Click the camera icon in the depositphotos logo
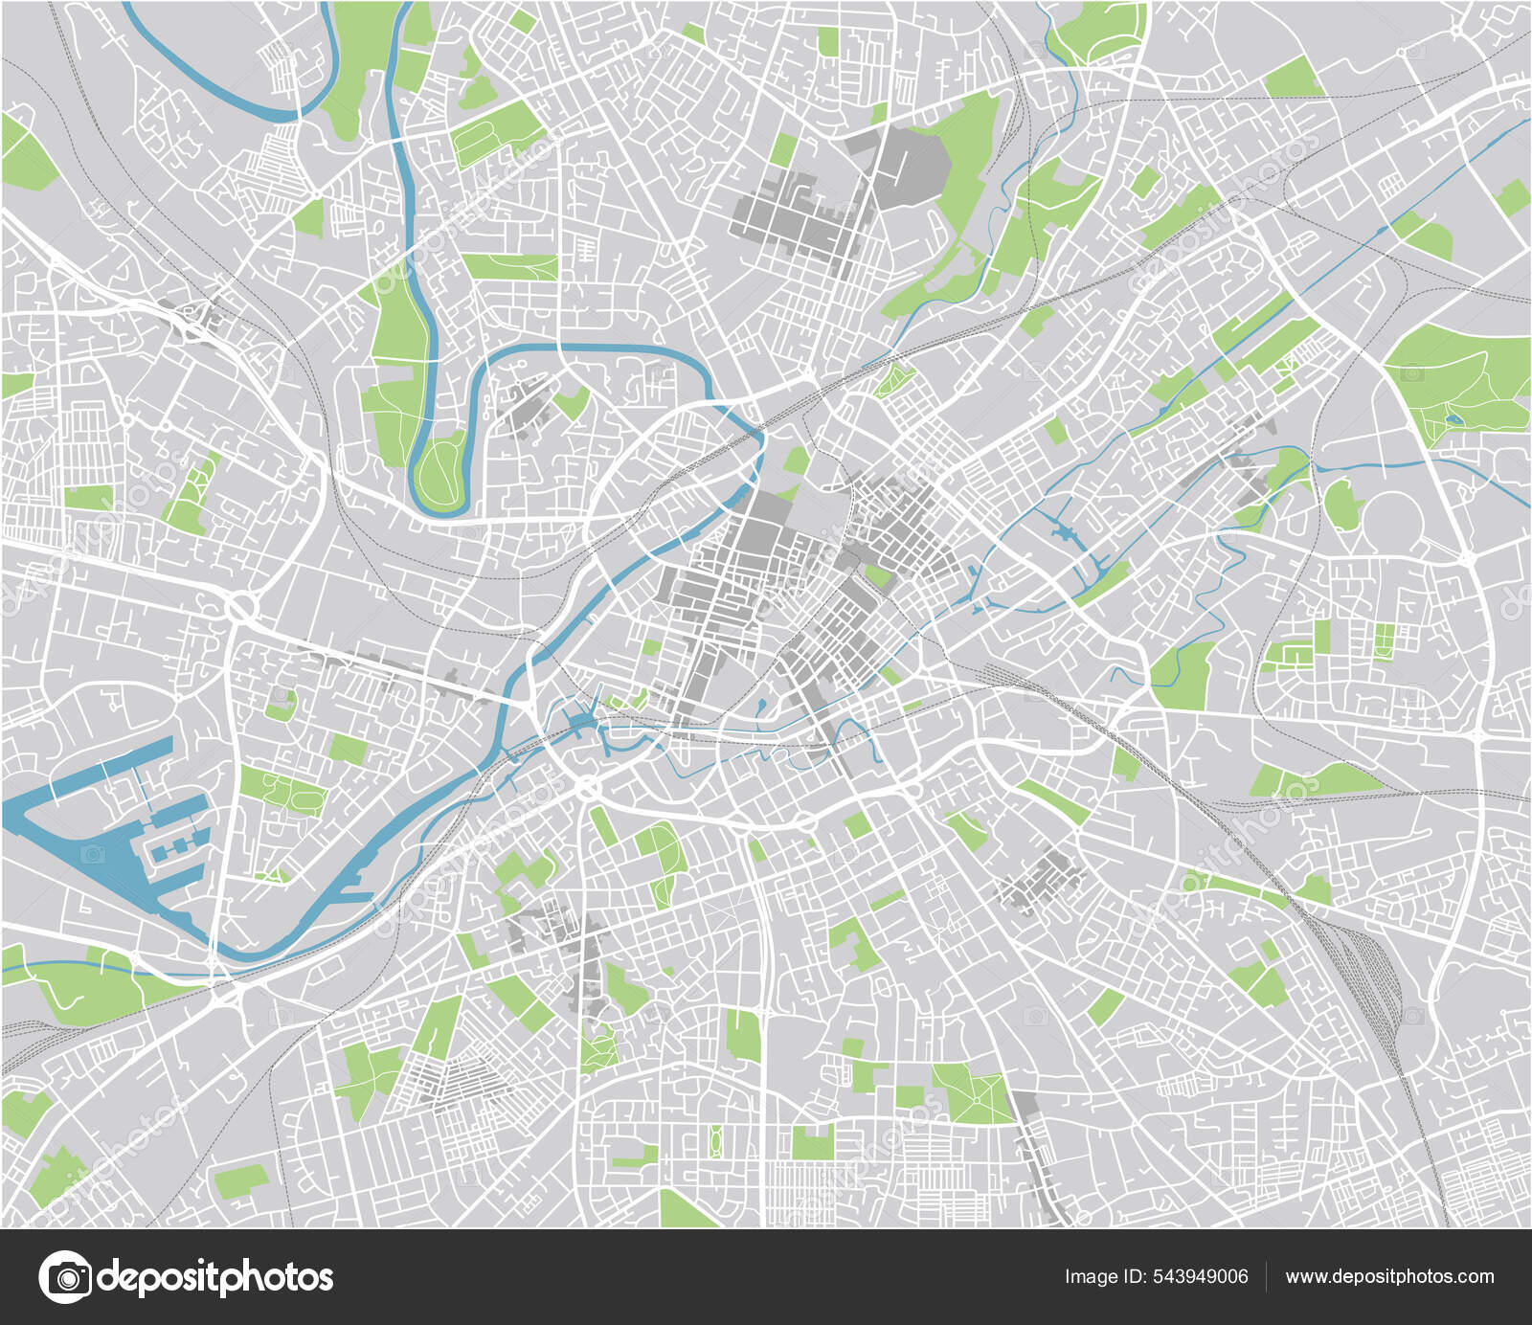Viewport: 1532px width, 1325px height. (65, 1277)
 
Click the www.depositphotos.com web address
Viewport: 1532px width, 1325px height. (1389, 1276)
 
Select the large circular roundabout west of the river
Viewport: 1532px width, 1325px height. (241, 606)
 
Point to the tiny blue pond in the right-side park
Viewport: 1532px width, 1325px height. (1454, 418)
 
